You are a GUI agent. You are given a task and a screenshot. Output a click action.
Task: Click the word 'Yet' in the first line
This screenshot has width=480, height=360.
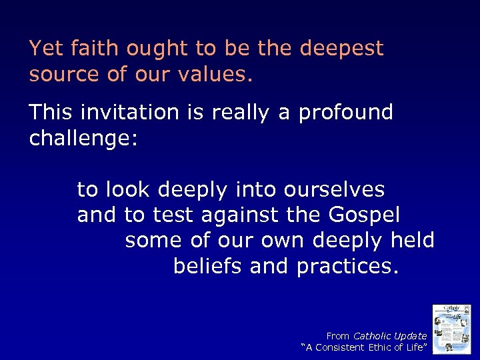(43, 49)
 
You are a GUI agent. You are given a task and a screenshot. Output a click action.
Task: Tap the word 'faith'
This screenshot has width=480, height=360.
(83, 49)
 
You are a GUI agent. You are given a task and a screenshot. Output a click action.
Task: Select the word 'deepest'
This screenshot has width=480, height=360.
(341, 49)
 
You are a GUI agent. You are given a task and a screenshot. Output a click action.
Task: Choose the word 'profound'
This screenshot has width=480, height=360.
(345, 112)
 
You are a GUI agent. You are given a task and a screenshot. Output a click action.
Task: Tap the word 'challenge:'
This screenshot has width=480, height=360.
(83, 139)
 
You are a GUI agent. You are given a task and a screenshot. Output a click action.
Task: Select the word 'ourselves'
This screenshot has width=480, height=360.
(334, 189)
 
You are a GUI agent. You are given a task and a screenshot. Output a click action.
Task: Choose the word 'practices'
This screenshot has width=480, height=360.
(347, 267)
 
